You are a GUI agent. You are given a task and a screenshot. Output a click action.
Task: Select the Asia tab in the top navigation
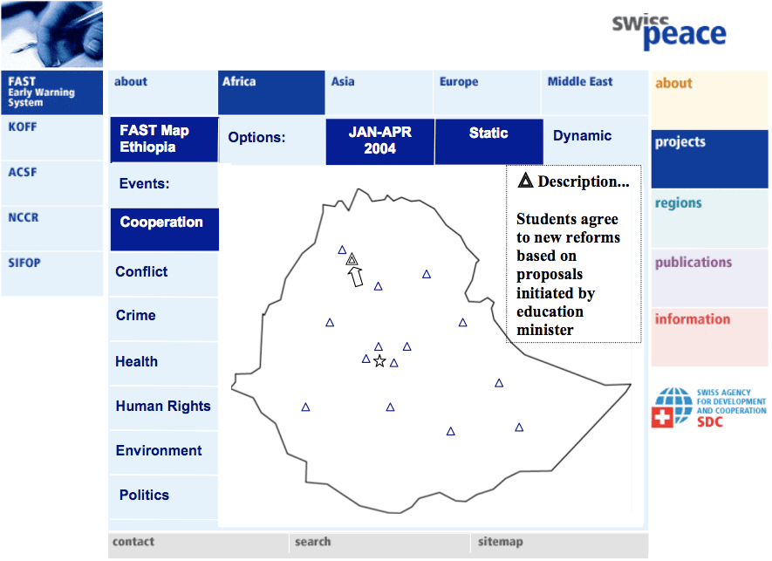[x=343, y=82]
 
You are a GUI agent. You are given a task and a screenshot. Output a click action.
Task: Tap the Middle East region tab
[x=580, y=82]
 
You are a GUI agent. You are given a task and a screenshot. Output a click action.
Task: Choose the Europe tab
[x=459, y=82]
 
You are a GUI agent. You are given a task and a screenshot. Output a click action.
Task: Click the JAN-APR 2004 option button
[x=379, y=140]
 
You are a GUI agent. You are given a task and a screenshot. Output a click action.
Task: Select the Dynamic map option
[x=582, y=136]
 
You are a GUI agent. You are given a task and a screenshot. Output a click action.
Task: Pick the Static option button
[x=488, y=133]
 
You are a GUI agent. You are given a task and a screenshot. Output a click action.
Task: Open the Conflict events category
[x=141, y=272]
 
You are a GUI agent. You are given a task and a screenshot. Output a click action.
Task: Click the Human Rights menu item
[x=163, y=407]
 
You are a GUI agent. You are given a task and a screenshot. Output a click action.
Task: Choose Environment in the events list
[x=159, y=451]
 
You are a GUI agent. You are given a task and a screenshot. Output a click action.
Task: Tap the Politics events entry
[x=144, y=496]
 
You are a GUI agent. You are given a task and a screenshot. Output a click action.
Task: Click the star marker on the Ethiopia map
[x=379, y=361]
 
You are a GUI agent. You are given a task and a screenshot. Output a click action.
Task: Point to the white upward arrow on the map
[x=355, y=277]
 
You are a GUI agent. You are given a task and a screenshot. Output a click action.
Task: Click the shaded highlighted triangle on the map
[x=352, y=259]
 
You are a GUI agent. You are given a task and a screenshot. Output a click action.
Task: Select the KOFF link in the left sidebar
[x=23, y=127]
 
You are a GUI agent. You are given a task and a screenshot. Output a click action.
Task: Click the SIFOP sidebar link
[x=24, y=263]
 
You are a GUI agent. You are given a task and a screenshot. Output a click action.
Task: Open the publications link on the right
[x=693, y=263]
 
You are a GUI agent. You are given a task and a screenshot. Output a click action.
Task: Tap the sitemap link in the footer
[x=500, y=542]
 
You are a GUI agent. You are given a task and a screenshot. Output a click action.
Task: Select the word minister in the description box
[x=545, y=330]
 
